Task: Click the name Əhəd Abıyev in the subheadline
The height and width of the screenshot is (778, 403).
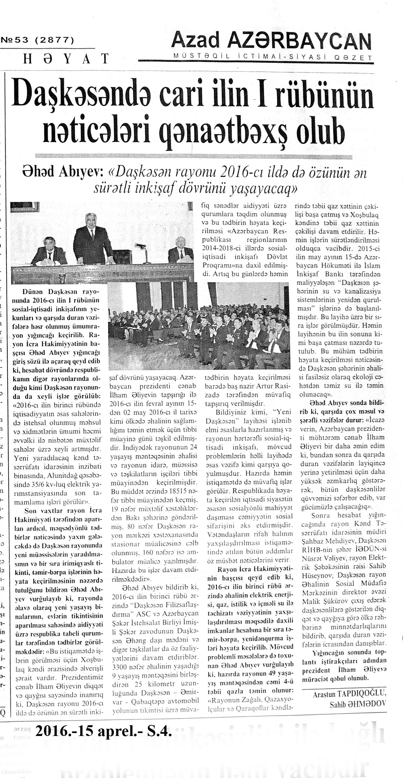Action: pos(63,174)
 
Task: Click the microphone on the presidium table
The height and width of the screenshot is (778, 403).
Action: pos(139,246)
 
